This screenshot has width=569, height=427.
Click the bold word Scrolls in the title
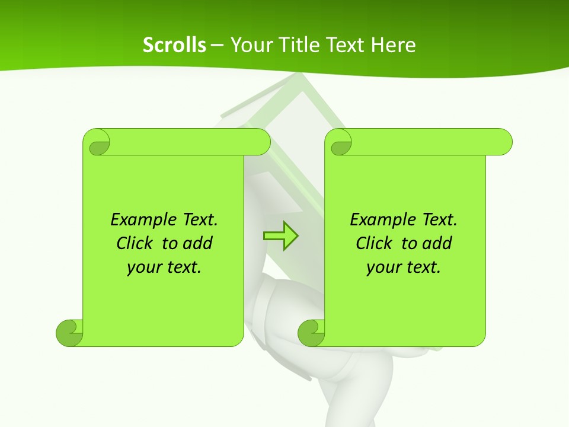(x=174, y=45)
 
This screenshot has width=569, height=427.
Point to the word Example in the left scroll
(x=138, y=220)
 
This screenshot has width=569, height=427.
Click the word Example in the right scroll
(x=377, y=220)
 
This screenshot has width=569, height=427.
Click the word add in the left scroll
(x=197, y=243)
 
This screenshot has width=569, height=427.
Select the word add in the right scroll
(x=437, y=243)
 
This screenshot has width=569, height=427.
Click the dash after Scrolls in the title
(x=217, y=45)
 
